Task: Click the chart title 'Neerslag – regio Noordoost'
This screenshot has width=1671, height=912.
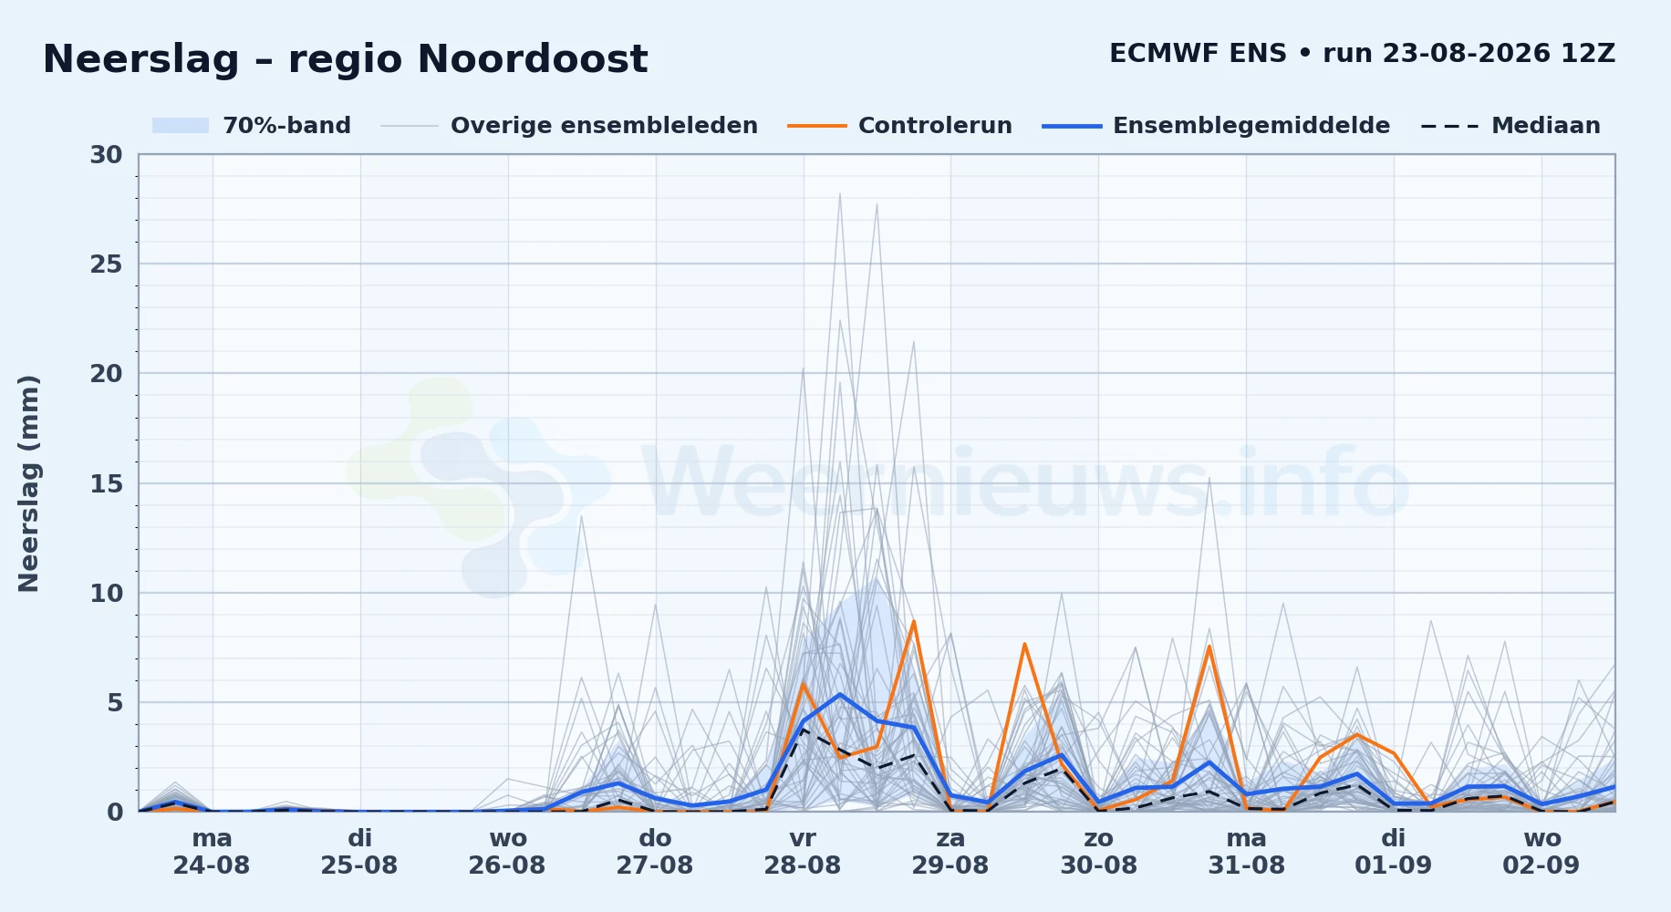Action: [x=345, y=59]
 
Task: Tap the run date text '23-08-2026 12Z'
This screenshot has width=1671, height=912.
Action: [x=1499, y=53]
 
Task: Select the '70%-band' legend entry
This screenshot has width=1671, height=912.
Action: [x=251, y=126]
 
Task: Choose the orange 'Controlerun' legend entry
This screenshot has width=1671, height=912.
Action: [x=900, y=126]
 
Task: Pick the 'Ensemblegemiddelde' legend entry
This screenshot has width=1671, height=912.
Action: [x=1217, y=126]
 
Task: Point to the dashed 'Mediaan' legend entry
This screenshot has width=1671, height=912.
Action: [x=1510, y=126]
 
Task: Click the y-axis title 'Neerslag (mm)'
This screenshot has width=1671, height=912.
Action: [x=29, y=483]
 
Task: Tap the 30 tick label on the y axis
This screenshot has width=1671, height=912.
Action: [x=106, y=155]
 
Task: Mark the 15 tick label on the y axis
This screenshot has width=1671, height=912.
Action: [x=106, y=483]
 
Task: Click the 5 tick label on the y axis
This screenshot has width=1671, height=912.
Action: [x=115, y=702]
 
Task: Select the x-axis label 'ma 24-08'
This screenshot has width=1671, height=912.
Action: [x=212, y=851]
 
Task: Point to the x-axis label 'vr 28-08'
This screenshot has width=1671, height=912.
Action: [x=803, y=851]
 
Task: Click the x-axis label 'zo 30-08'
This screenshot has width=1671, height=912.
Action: [x=1098, y=851]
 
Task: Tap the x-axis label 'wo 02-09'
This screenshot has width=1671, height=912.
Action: [x=1541, y=851]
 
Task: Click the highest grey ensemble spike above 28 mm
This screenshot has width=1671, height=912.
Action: [x=840, y=193]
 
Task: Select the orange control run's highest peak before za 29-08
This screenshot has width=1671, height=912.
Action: [x=913, y=621]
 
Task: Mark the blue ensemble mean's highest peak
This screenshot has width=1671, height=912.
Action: [x=840, y=694]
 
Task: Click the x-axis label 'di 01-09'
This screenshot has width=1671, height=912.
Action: [x=1394, y=851]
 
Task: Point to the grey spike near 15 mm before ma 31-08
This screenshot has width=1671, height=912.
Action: [x=1209, y=477]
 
